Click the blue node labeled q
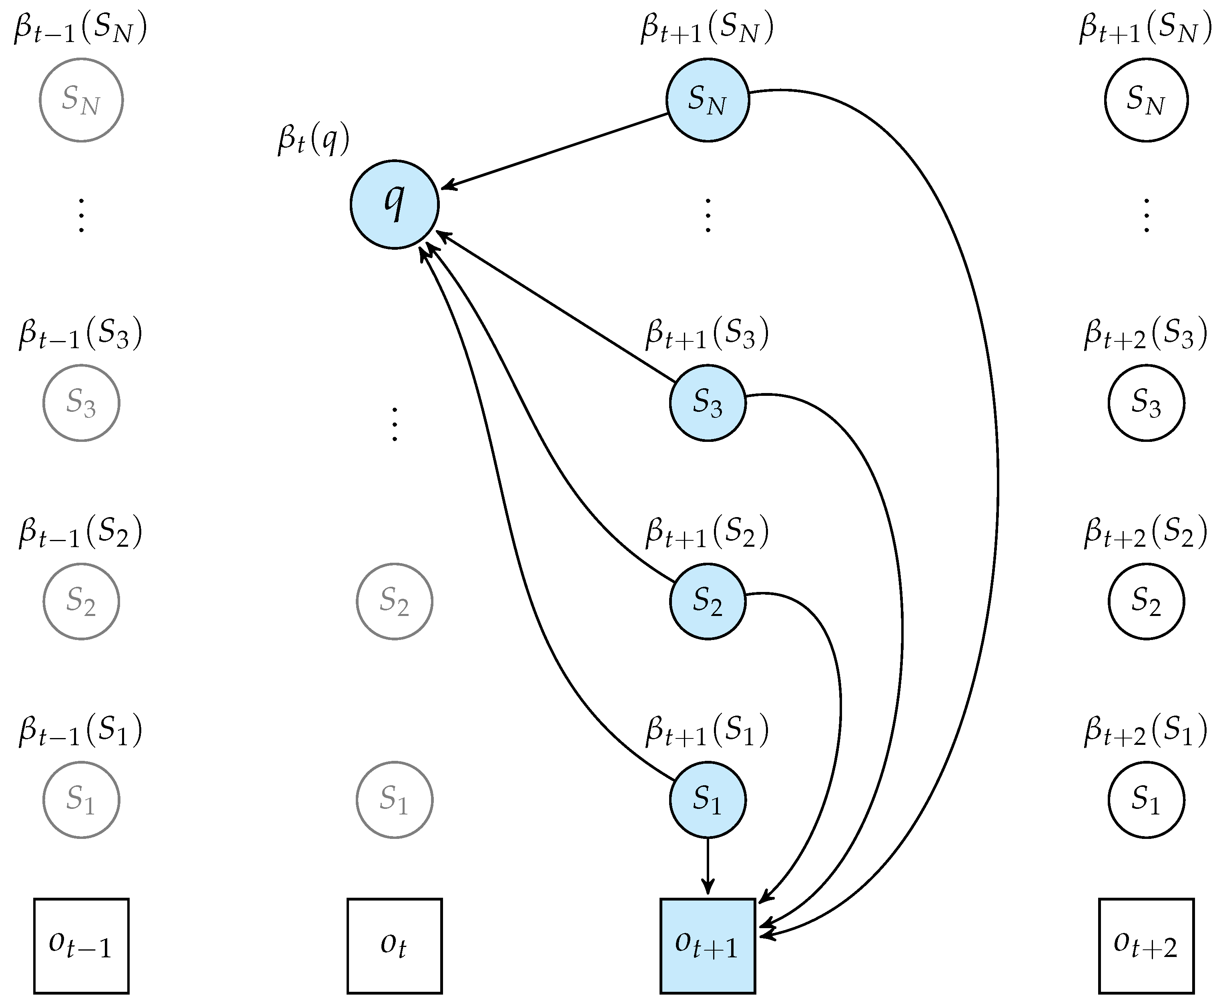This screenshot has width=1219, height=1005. (394, 205)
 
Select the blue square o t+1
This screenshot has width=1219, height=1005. (707, 945)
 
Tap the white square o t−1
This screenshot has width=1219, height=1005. (81, 945)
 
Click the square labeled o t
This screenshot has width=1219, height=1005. (394, 945)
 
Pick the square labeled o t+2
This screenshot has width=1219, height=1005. (1145, 945)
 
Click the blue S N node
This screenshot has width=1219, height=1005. (707, 100)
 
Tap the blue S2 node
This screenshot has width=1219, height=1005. (707, 601)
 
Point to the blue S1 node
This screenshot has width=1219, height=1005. (707, 800)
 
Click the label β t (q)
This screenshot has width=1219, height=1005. (313, 140)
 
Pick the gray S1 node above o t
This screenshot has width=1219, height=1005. (394, 800)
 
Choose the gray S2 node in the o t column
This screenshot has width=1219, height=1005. (394, 601)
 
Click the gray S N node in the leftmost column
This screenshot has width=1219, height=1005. (81, 100)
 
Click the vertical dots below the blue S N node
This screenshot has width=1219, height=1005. (707, 215)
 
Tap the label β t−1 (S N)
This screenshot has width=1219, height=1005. (80, 29)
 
